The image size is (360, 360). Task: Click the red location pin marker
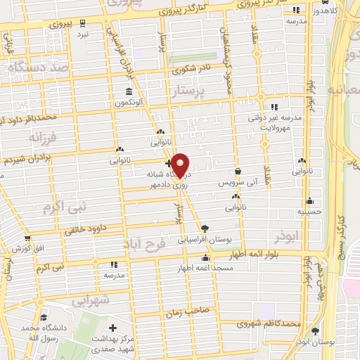point(181,165)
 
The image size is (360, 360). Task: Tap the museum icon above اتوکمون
point(129,92)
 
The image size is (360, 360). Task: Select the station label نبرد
point(83,33)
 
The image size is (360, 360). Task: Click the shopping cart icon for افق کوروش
point(27,239)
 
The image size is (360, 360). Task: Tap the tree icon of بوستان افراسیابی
point(205,228)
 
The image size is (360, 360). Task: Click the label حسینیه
point(309,210)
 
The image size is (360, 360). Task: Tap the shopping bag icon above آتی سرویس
point(238,171)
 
